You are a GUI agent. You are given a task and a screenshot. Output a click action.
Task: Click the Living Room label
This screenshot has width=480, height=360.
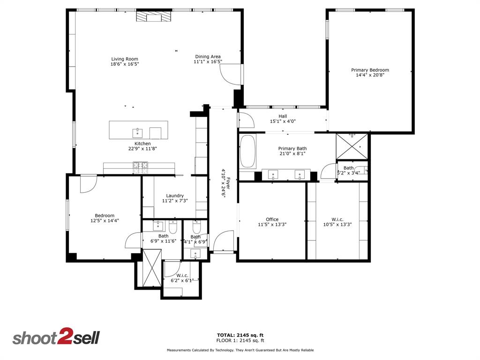click(x=125, y=59)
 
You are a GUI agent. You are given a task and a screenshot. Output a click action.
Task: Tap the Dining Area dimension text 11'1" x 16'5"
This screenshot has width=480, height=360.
click(x=208, y=62)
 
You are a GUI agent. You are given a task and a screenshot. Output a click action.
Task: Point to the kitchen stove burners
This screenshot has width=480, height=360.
click(x=140, y=165)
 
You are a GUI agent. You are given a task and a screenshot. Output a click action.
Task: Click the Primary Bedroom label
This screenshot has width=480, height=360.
click(x=370, y=70)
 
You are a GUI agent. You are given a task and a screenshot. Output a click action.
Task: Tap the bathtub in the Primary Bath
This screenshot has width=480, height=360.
click(x=248, y=151)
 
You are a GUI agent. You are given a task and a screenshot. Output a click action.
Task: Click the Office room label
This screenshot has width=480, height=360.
click(x=272, y=219)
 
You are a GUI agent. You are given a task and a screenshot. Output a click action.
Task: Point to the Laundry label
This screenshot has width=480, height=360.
click(x=175, y=196)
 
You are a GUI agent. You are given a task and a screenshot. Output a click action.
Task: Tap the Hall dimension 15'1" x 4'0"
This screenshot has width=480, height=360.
click(x=283, y=121)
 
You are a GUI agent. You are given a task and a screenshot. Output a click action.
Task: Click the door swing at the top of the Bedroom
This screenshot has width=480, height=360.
click(x=88, y=183)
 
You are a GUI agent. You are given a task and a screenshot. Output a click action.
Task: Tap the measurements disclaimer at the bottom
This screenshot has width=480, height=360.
click(x=240, y=350)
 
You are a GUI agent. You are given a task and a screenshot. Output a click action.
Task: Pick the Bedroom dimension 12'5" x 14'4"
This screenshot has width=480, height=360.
click(x=105, y=220)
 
